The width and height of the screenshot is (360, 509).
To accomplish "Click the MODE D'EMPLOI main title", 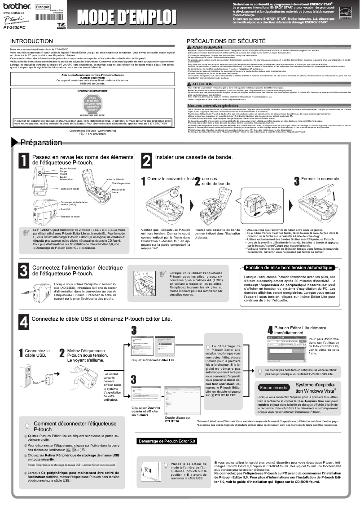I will click(126, 16).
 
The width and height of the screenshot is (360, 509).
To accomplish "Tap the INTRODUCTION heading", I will click(31, 41).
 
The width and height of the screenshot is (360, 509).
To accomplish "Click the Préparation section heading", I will click(41, 142).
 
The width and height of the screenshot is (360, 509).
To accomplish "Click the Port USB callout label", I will click(65, 209).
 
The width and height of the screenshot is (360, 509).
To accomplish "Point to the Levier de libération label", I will click(115, 179).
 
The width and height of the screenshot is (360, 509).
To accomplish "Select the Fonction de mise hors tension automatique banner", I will click(289, 268).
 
